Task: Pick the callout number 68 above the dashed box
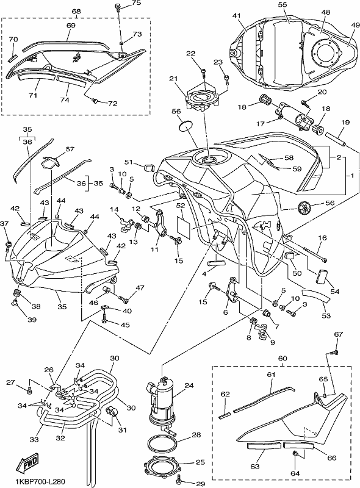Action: pos(76,12)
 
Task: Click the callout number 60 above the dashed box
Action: pos(282,358)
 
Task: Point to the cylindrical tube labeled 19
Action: pos(336,139)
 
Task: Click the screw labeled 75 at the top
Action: pos(118,7)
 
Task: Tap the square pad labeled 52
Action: pos(183,225)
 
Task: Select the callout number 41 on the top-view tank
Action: pos(237,15)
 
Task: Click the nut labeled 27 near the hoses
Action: pos(29,390)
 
